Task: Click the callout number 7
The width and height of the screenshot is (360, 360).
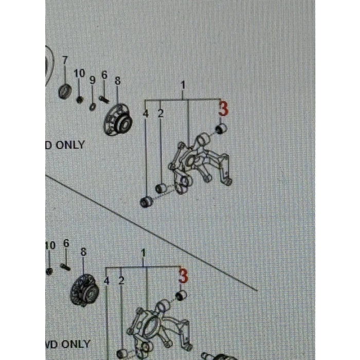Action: point(65,60)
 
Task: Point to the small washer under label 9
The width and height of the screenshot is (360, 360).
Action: point(92,106)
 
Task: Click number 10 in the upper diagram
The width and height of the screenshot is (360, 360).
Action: point(79,74)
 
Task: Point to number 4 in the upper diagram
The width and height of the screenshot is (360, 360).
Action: point(146,113)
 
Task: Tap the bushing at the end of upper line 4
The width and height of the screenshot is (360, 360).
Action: point(146,201)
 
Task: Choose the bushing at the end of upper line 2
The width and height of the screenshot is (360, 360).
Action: point(160,189)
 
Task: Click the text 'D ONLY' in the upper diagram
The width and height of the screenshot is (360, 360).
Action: point(65,145)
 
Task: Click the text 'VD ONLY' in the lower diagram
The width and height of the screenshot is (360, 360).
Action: point(68,344)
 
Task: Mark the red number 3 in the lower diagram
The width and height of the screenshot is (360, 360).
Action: point(183,277)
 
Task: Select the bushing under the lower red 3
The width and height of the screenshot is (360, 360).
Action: point(181,296)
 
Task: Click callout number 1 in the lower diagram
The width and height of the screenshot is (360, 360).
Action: point(143,253)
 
